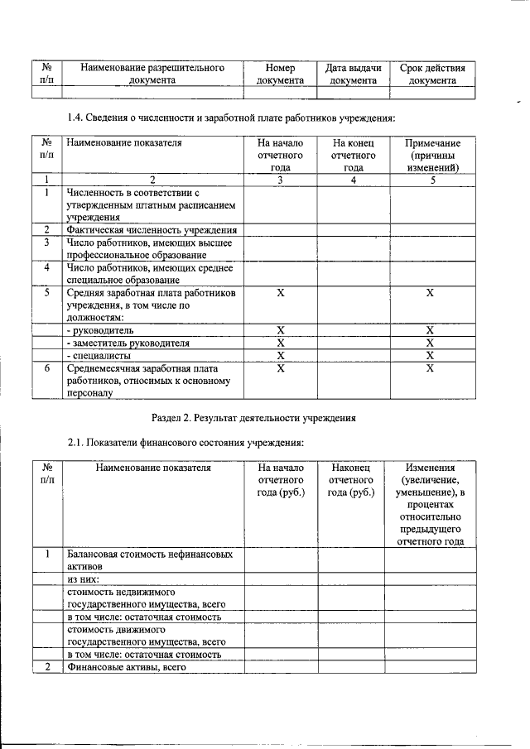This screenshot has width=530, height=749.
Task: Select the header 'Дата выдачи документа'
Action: point(354,74)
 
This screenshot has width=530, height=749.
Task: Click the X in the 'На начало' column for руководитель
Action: point(280,330)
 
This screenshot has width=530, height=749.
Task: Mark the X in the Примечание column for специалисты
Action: point(430,355)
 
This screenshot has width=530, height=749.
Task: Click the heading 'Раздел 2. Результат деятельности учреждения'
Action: point(254,418)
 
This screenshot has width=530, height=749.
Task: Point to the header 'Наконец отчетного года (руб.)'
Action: point(351,480)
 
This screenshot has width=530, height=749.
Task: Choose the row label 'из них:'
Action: point(85,579)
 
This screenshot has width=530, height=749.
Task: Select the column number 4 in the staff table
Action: point(354,180)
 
